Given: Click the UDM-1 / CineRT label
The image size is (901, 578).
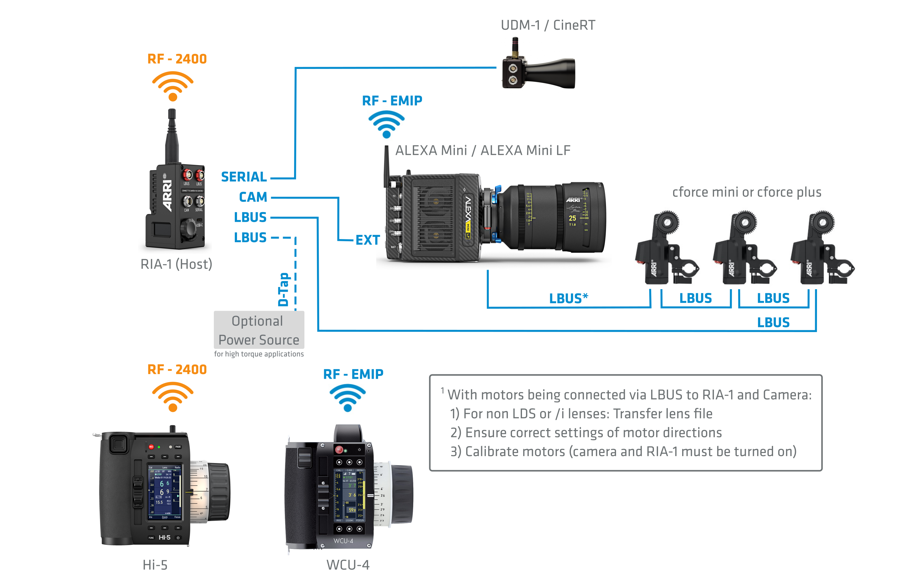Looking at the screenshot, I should point(548,25).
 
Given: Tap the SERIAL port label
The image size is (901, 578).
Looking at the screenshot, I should point(244,177).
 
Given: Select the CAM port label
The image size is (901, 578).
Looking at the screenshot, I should point(253,197).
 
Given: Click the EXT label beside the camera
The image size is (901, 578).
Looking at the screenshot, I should point(367,240).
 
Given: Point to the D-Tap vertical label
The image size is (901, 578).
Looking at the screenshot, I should point(283,289).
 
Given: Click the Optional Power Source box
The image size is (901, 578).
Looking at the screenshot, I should point(259,330).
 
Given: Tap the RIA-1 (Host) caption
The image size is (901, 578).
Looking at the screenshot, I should point(176,264).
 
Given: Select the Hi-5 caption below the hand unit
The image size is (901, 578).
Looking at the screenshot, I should point(155,565).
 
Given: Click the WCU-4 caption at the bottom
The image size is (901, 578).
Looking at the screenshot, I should point(348,565).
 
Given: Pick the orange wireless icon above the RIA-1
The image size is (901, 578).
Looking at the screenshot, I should point(172,86).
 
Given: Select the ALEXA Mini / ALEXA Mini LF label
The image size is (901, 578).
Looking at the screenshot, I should point(482,150).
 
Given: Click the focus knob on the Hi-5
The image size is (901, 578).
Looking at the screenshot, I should point(218,492).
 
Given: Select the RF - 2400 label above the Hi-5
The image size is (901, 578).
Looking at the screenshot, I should point(177,370).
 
